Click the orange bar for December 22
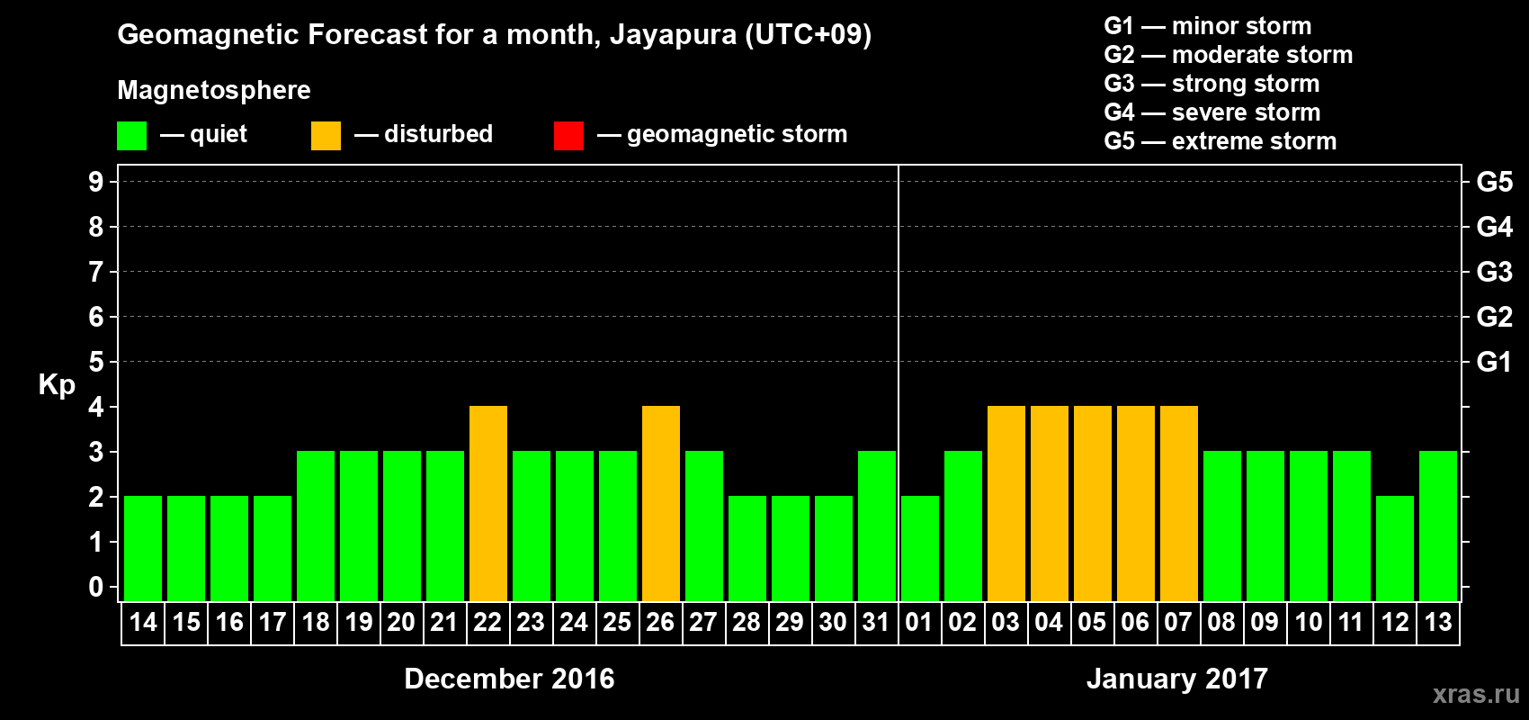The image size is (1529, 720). click(488, 503)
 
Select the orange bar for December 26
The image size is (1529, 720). click(661, 503)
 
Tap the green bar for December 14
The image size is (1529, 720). click(143, 548)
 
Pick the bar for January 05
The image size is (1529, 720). click(1093, 503)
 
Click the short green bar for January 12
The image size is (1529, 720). click(1395, 548)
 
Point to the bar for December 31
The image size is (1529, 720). click(877, 526)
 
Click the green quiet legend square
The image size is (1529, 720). click(132, 136)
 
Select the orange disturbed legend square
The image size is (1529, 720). click(326, 136)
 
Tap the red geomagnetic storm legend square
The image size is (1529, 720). click(568, 136)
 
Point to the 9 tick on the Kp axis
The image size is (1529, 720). click(96, 182)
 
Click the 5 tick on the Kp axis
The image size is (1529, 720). click(96, 362)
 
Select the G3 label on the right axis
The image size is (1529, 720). click(1494, 272)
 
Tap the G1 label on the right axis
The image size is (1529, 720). click(1494, 362)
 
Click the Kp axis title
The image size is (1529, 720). click(57, 384)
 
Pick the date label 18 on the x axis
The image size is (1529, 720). click(316, 622)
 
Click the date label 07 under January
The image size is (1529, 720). click(1178, 622)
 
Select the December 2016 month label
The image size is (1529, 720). click(509, 679)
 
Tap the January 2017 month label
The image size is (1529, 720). click(1177, 679)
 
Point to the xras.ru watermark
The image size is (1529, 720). click(1476, 694)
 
